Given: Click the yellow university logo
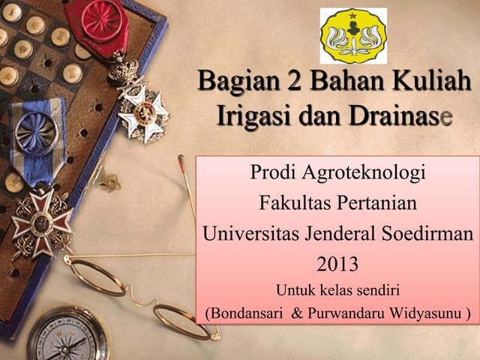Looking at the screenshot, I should coord(353,36).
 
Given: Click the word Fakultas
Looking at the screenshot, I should coord(294,203).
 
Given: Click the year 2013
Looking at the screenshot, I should coord(337,263).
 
